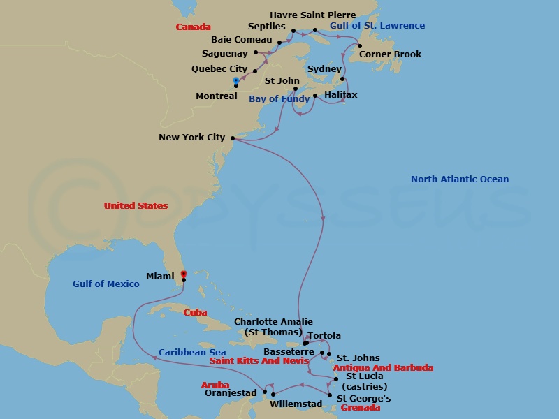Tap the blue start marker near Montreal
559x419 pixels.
click(x=236, y=80)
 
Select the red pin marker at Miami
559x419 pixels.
click(x=183, y=274)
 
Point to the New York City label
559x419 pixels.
click(x=191, y=138)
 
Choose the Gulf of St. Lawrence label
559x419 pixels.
click(x=377, y=26)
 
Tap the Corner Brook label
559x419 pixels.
click(x=391, y=54)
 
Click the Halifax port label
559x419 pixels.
click(x=341, y=94)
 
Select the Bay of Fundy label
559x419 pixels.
click(x=279, y=99)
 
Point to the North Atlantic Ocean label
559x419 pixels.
click(x=459, y=179)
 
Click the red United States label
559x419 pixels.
click(x=136, y=206)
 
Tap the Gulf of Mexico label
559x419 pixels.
click(x=106, y=284)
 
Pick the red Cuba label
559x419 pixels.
click(x=195, y=313)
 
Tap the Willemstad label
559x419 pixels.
click(x=296, y=404)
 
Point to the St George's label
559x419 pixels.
click(x=363, y=399)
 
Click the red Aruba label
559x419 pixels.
click(x=215, y=385)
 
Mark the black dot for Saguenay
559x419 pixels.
click(x=256, y=52)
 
